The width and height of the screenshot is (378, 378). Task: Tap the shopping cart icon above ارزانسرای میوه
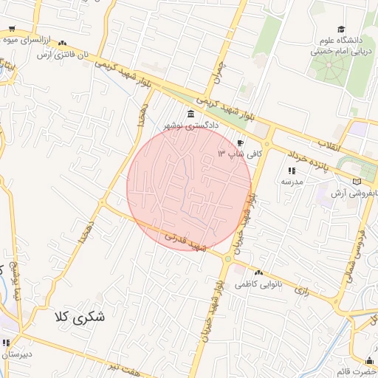pos(12,30)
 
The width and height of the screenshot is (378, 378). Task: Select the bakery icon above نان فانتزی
pos(62,44)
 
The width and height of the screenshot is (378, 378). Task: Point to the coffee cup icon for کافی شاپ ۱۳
pos(240,143)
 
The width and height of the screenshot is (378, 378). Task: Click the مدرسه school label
pos(290,182)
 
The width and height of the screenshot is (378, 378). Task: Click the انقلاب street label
pos(329,145)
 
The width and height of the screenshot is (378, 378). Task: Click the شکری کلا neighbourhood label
pos(80,317)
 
